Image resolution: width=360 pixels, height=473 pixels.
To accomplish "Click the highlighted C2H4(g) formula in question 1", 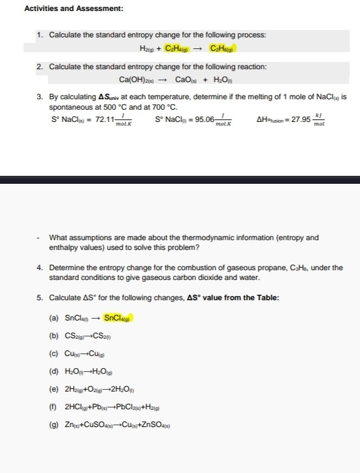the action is [x=178, y=48].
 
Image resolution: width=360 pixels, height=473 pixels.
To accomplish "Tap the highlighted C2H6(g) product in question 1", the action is [x=222, y=48].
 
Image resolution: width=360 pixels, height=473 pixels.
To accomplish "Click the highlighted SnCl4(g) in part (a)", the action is [x=118, y=317].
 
